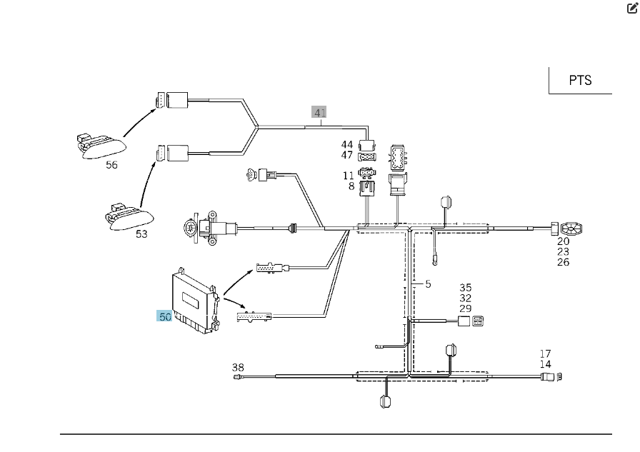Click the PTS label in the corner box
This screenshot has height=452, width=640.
click(x=580, y=81)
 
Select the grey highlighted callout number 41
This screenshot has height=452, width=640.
click(x=319, y=112)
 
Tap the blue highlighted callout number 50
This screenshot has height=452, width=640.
click(x=164, y=316)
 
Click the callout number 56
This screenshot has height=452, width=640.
click(x=111, y=165)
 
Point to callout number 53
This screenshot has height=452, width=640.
click(x=141, y=234)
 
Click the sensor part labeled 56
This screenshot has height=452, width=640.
click(x=101, y=146)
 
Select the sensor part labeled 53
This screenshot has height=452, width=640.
click(x=129, y=216)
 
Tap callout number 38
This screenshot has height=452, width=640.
click(x=238, y=368)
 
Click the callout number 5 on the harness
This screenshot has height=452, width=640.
click(x=428, y=284)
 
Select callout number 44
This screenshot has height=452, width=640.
click(x=347, y=144)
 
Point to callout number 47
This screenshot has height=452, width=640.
click(x=347, y=155)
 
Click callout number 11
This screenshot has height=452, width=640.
click(x=348, y=176)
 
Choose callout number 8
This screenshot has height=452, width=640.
click(x=351, y=186)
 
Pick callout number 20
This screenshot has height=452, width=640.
click(x=564, y=241)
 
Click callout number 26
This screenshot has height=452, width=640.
click(x=564, y=262)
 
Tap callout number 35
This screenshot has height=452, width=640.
click(x=465, y=288)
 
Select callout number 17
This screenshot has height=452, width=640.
click(x=545, y=353)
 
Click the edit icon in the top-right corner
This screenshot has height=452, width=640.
click(x=632, y=8)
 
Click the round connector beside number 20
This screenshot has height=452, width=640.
click(x=571, y=228)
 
